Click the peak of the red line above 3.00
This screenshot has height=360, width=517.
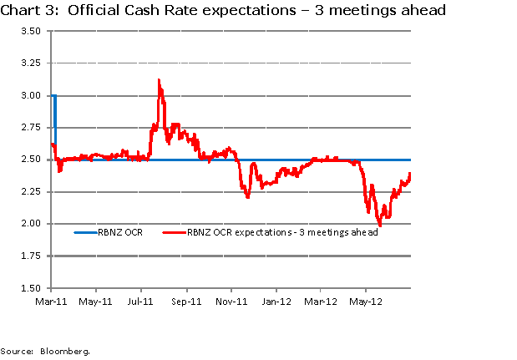pyautogui.click(x=159, y=80)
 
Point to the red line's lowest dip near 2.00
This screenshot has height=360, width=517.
pyautogui.click(x=380, y=225)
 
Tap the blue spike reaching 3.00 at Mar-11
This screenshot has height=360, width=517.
pyautogui.click(x=54, y=97)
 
